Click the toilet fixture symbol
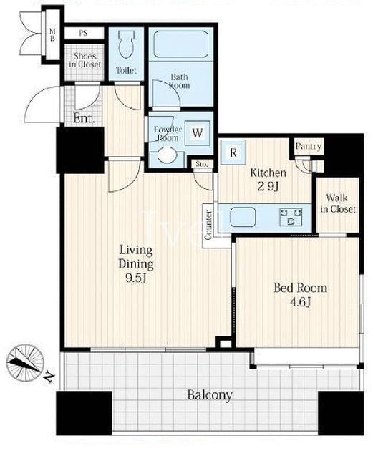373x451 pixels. pos(127,44)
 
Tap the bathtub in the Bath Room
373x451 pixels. pos(181,44)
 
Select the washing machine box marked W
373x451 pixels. pos(198,133)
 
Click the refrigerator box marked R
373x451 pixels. pos(233,152)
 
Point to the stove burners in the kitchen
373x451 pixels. pos(291,217)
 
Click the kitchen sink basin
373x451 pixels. pos(243,217)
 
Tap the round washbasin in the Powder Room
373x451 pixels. pos(167,156)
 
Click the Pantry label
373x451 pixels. pos(309,147)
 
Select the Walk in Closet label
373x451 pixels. pos(338,203)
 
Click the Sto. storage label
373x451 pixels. pos(202,164)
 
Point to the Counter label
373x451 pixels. pos(209,225)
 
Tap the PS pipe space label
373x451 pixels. pos(83,34)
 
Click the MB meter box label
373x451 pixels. pos(52,35)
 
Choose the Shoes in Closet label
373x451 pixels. pos(85,60)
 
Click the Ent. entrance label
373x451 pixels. pos(84,118)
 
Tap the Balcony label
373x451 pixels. pos(210,395)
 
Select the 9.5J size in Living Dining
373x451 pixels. pos(136,278)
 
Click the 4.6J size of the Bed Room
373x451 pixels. pos(300,303)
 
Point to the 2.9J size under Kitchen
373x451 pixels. pos(268,187)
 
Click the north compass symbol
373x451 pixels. pos(26,362)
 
